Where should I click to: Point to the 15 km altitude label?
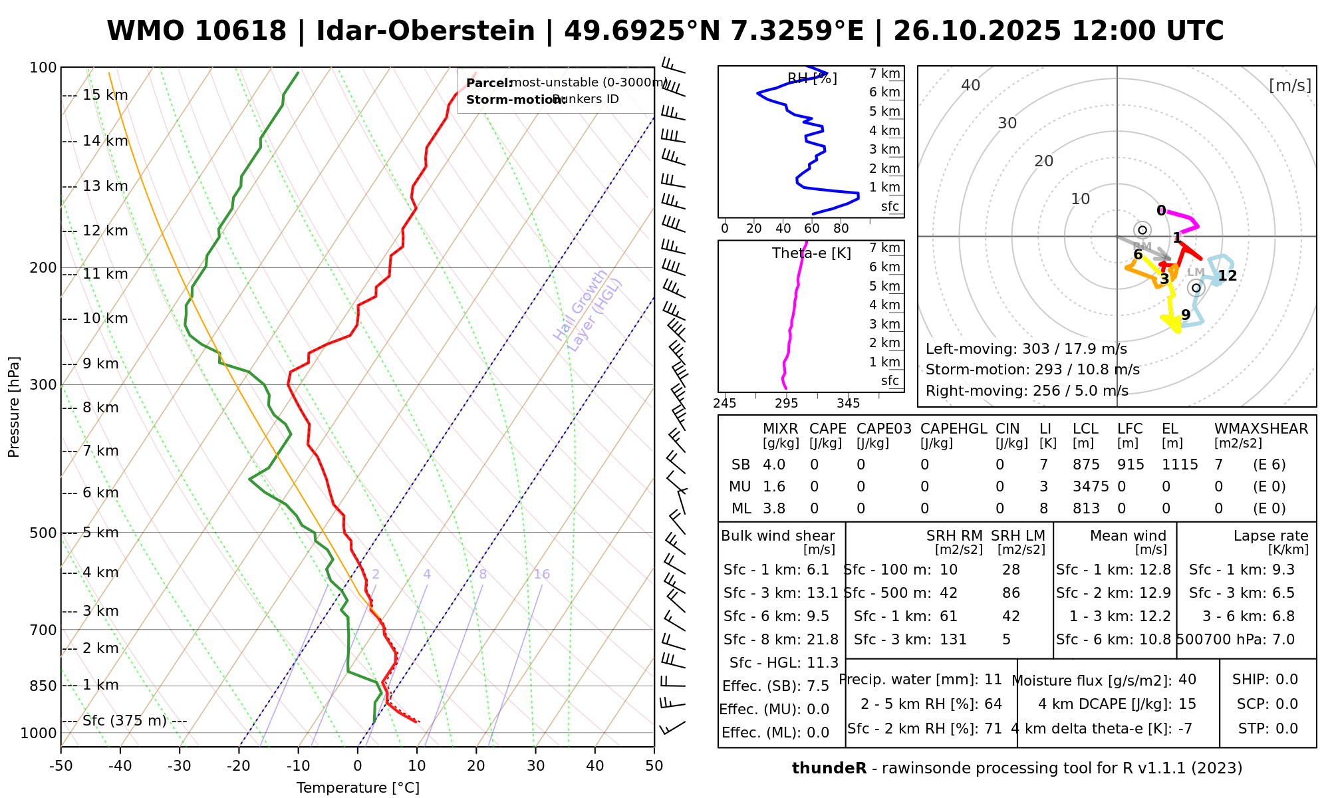pos(105,95)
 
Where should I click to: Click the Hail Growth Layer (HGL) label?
pos(588,311)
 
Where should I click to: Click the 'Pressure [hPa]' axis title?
pos(14,407)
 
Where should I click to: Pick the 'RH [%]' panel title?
pos(812,78)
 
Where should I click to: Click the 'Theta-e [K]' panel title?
pos(811,253)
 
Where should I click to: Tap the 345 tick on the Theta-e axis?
pos(848,404)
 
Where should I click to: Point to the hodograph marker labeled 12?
pos(1227,276)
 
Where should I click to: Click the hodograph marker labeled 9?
pos(1186,315)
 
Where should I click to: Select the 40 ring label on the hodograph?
pos(971,85)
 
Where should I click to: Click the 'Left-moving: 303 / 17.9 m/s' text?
pos(1026,349)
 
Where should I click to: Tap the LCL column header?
pos(1085,429)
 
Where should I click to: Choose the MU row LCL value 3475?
pos(1091,487)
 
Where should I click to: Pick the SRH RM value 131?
pos(953,640)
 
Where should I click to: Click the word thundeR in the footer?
pos(829,769)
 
